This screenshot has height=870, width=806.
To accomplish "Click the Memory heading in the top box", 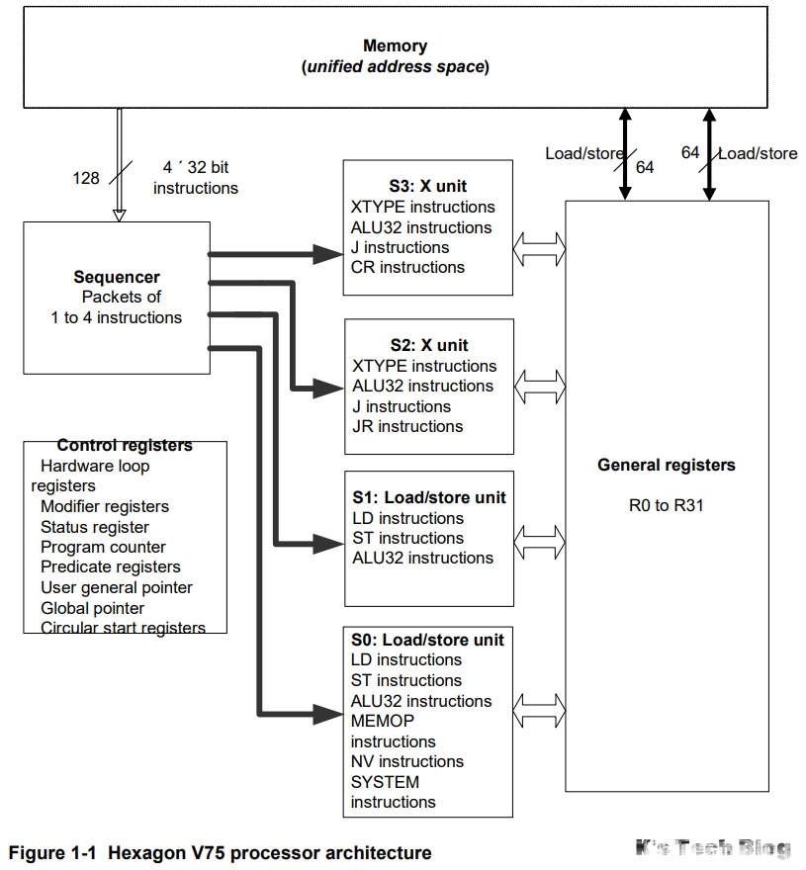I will coord(395,45).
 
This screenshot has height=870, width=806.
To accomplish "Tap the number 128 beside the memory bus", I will coord(86,178).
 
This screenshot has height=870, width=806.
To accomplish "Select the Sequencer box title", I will coord(117,277).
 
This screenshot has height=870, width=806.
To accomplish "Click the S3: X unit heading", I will coord(427,186).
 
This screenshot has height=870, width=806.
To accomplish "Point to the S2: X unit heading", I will coord(427,345).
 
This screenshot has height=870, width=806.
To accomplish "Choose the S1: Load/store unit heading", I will coord(428,497).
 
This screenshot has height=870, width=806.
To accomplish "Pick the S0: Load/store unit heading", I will coord(427,640).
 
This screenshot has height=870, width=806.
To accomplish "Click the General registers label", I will coord(667,465).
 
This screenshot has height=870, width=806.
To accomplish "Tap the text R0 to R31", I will coord(667,506).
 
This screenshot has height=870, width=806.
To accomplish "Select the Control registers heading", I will coord(125,446).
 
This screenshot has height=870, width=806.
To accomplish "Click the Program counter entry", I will coord(103,547).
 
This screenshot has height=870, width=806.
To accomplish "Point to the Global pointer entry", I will coord(92,608).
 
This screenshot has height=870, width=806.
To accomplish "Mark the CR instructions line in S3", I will coord(407,267).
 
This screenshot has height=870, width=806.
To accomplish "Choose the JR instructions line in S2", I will coord(406,426).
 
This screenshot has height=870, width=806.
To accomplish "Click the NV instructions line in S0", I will coord(406,761).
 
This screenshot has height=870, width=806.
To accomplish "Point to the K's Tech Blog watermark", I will coord(713,847).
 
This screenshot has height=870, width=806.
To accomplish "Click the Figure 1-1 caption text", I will coord(220,852).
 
